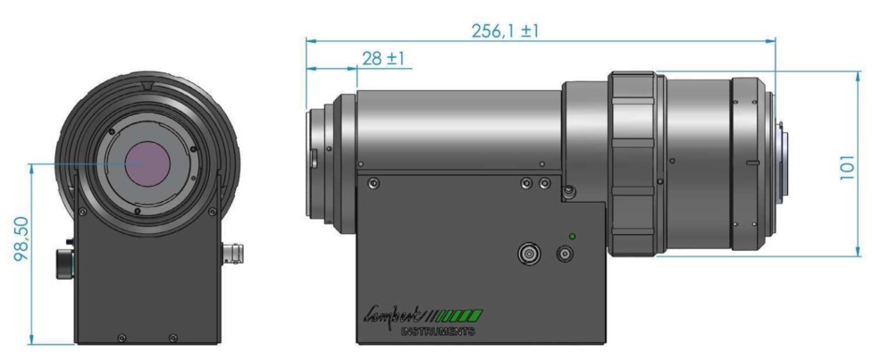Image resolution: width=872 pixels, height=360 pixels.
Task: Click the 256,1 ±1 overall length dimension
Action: coord(506,30)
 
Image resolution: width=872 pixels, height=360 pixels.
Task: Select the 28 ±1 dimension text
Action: coord(384,59)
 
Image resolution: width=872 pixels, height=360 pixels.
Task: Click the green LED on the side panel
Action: coord(572,236)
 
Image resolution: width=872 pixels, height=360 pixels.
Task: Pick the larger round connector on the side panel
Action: coord(529,255)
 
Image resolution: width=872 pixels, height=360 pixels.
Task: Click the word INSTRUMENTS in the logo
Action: coord(438,331)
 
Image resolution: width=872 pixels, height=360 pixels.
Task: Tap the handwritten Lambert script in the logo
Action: coord(392,314)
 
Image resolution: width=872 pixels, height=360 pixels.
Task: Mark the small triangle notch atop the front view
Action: coord(147,87)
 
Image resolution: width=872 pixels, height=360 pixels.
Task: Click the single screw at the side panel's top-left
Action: coord(373,184)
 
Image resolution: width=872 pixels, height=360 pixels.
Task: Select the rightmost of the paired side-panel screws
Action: coord(543,183)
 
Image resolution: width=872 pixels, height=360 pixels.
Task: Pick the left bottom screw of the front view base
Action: coord(122,337)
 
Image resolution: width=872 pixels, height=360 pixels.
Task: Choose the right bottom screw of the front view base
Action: coord(172,337)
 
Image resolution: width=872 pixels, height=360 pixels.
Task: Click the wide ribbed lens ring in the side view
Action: coord(635,163)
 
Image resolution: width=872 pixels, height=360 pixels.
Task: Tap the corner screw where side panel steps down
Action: coord(568,189)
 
